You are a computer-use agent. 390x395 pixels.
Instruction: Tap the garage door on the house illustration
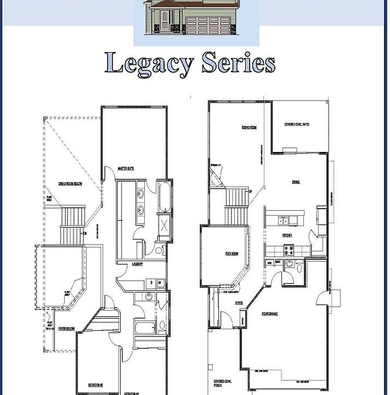click(209, 25)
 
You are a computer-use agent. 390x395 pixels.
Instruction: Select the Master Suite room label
click(127, 168)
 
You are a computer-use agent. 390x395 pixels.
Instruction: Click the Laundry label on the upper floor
click(138, 264)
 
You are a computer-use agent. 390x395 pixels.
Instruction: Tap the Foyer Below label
click(67, 328)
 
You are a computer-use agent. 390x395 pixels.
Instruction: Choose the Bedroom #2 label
click(96, 385)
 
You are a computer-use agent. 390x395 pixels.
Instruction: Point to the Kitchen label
click(287, 235)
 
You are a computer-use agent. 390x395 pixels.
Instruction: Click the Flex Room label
click(232, 253)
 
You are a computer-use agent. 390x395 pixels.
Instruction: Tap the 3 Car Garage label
click(270, 313)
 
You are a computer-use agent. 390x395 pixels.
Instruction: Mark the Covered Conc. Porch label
click(223, 383)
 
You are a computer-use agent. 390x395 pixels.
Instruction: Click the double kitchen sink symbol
click(283, 222)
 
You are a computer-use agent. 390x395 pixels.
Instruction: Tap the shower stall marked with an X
click(163, 225)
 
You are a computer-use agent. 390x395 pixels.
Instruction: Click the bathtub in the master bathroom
click(164, 196)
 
